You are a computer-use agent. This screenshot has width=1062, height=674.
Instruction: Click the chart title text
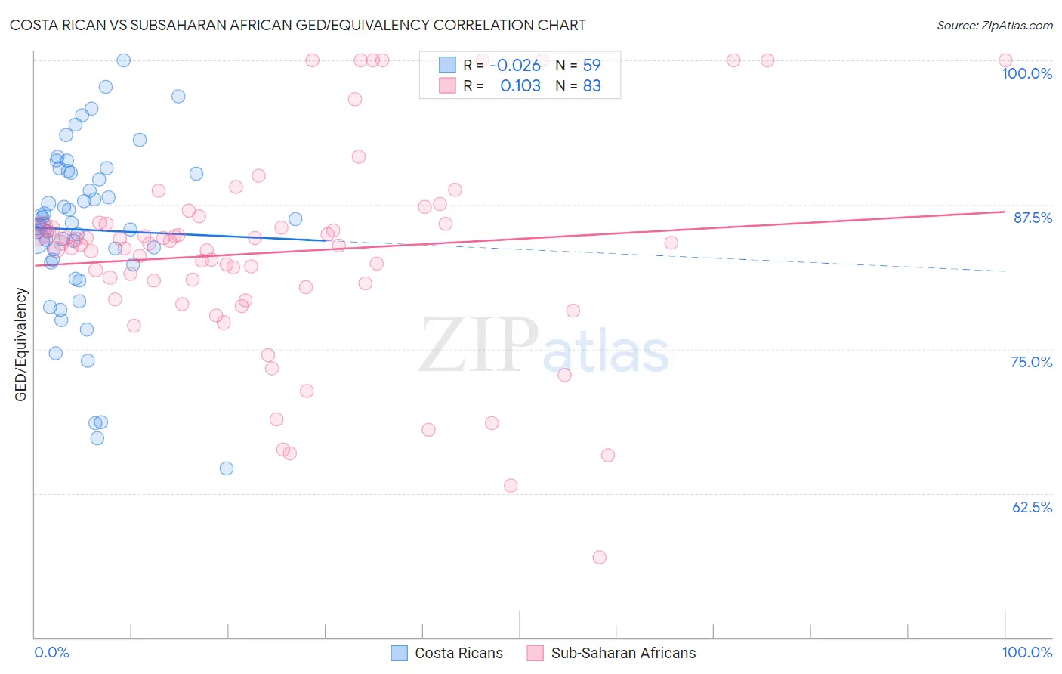[298, 25]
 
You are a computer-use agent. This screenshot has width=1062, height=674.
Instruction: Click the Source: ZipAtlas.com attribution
[994, 26]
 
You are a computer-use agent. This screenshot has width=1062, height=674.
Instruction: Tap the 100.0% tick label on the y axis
[1026, 73]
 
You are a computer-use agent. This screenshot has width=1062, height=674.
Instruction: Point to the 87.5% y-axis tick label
[1033, 218]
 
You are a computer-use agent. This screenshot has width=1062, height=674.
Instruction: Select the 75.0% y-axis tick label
[1031, 362]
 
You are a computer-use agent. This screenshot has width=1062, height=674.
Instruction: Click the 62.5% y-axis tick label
[1032, 507]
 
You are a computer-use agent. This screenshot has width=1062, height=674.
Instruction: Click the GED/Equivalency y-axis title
[21, 345]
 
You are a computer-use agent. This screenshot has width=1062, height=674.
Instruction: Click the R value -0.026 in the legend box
[515, 66]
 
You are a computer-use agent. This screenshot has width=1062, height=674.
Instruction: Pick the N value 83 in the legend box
[591, 86]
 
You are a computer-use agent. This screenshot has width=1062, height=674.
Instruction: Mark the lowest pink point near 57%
[600, 558]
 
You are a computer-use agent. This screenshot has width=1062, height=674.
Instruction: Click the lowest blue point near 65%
[227, 468]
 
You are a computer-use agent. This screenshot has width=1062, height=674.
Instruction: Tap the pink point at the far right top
[1005, 60]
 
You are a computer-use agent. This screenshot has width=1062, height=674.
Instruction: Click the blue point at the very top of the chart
[124, 60]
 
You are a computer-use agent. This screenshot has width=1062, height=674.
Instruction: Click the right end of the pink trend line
[1005, 212]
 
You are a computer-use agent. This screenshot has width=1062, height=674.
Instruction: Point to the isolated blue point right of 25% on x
[295, 219]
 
